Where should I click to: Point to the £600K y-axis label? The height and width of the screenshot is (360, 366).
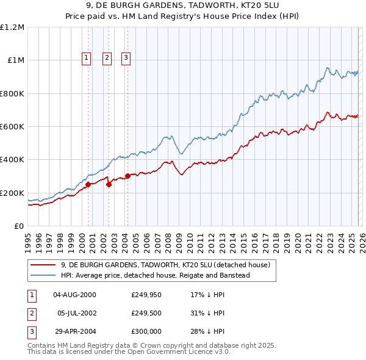pos(12,127)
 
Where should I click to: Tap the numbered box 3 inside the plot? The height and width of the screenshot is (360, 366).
pos(126,58)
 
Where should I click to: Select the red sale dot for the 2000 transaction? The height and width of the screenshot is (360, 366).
pos(88,184)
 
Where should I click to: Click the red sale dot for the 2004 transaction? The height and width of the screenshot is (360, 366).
pos(127,176)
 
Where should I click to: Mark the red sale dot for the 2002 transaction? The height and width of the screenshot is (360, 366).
pos(109,184)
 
